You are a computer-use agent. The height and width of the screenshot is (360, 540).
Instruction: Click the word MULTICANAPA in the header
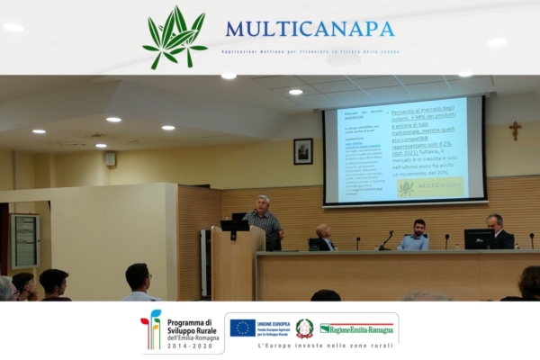310,29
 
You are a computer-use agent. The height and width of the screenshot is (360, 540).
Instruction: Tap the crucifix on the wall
514,130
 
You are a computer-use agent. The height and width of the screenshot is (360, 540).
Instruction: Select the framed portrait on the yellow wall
302,151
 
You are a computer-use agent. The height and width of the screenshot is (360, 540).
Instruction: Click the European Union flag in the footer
242,328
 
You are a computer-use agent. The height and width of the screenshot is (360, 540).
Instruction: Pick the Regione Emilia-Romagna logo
357,328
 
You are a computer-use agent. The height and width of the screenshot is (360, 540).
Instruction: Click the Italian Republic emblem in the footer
304,328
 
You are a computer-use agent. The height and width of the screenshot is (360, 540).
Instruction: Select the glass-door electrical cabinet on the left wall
24,240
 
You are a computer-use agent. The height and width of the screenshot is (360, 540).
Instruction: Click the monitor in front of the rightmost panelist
478,238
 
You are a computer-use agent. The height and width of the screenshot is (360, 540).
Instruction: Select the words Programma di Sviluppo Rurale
191,327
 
